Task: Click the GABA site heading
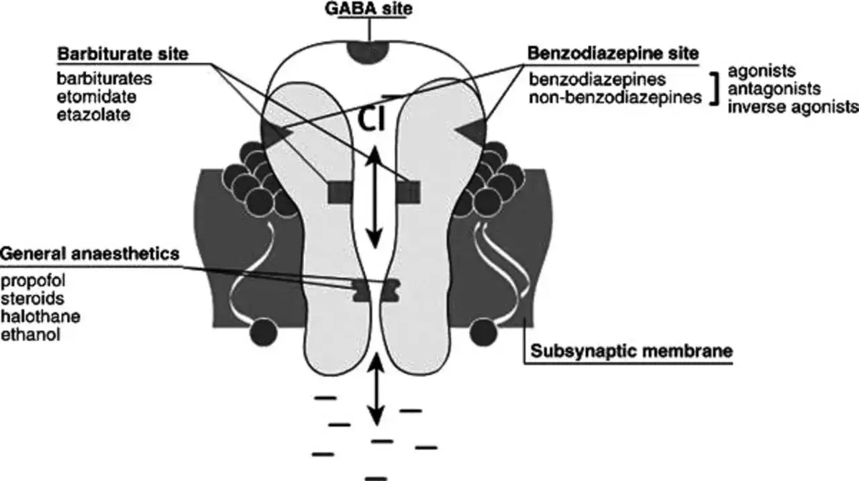pos(368,9)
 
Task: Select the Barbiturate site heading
pos(123,54)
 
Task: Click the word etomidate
pos(97,97)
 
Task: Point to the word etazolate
pos(93,115)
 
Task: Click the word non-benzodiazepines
pos(615,98)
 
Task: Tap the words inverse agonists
pos(793,107)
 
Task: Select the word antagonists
pos(774,89)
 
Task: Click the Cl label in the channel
pos(371,119)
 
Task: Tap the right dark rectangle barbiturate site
pos(409,193)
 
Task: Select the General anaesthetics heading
pos(90,254)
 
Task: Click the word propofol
pos(33,281)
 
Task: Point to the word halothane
pos(41,317)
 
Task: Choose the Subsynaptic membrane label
pos(631,351)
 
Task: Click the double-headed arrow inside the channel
pos(374,197)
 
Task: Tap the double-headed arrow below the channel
pos(376,389)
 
